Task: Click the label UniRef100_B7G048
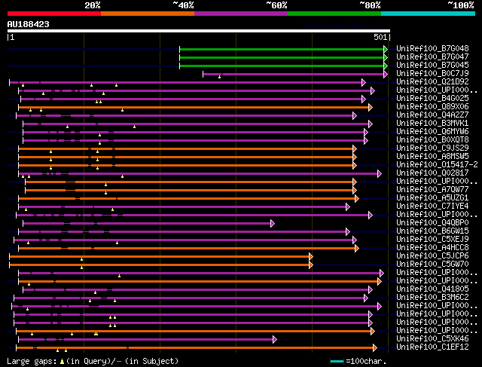[x=432, y=48]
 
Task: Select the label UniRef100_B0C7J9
[x=432, y=73]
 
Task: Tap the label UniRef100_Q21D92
[x=432, y=81]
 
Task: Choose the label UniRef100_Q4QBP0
[x=432, y=222]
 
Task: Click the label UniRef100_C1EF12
[x=432, y=347]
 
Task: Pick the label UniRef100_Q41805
[x=432, y=289]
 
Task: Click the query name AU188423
[x=29, y=24]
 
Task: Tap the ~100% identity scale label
[x=460, y=5]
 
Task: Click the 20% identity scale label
[x=93, y=5]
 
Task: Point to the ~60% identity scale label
[x=276, y=5]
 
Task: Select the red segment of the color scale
[x=53, y=14]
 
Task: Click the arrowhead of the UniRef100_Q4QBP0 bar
[x=273, y=223]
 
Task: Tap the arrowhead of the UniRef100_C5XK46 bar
[x=274, y=339]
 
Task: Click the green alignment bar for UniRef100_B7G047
[x=282, y=57]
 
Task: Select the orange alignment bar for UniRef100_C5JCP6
[x=158, y=256]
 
